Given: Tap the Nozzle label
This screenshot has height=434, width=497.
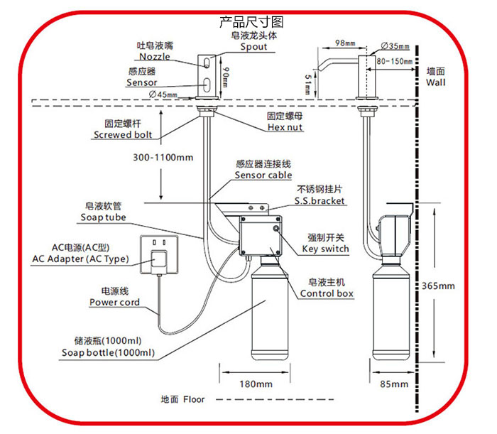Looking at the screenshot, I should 155,56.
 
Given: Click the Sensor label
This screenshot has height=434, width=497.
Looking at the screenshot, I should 142,82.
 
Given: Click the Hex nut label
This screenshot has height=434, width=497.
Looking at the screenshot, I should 285,127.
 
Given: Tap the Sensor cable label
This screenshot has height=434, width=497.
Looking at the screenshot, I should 263,175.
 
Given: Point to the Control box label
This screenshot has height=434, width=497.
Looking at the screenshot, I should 327,293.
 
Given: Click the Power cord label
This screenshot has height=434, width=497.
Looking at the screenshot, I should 114,302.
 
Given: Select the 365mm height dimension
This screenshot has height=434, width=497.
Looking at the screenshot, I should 437,286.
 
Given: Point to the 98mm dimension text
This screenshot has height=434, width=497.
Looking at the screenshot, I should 325,44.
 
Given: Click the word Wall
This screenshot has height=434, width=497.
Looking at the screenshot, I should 436,82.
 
